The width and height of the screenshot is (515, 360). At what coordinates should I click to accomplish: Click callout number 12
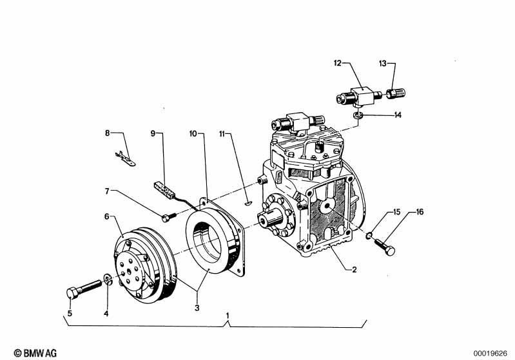click(x=338, y=62)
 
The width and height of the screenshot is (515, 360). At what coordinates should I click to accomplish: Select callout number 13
click(x=383, y=63)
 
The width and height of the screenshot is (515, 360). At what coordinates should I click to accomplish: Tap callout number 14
click(x=398, y=115)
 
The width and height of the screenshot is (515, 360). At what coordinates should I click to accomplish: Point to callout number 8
click(x=107, y=133)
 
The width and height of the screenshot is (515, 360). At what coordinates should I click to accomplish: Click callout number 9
click(x=153, y=133)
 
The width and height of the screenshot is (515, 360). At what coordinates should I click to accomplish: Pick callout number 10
click(x=193, y=133)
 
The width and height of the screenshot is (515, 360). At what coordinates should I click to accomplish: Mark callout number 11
click(x=222, y=133)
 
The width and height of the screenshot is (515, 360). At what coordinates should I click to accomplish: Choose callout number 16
click(x=420, y=212)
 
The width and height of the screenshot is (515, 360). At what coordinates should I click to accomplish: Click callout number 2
click(x=354, y=269)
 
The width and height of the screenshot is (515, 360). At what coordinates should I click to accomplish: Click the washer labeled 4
click(x=108, y=279)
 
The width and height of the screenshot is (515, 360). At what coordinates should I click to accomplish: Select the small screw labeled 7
click(x=169, y=216)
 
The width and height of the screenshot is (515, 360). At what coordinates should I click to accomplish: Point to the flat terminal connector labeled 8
click(x=126, y=158)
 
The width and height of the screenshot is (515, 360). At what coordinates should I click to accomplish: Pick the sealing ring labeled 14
click(x=358, y=115)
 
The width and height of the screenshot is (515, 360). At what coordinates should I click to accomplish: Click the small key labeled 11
click(x=248, y=204)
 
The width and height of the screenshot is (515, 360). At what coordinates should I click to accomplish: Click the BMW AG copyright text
click(x=35, y=353)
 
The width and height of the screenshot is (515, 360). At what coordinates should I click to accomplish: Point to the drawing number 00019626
click(x=490, y=354)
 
